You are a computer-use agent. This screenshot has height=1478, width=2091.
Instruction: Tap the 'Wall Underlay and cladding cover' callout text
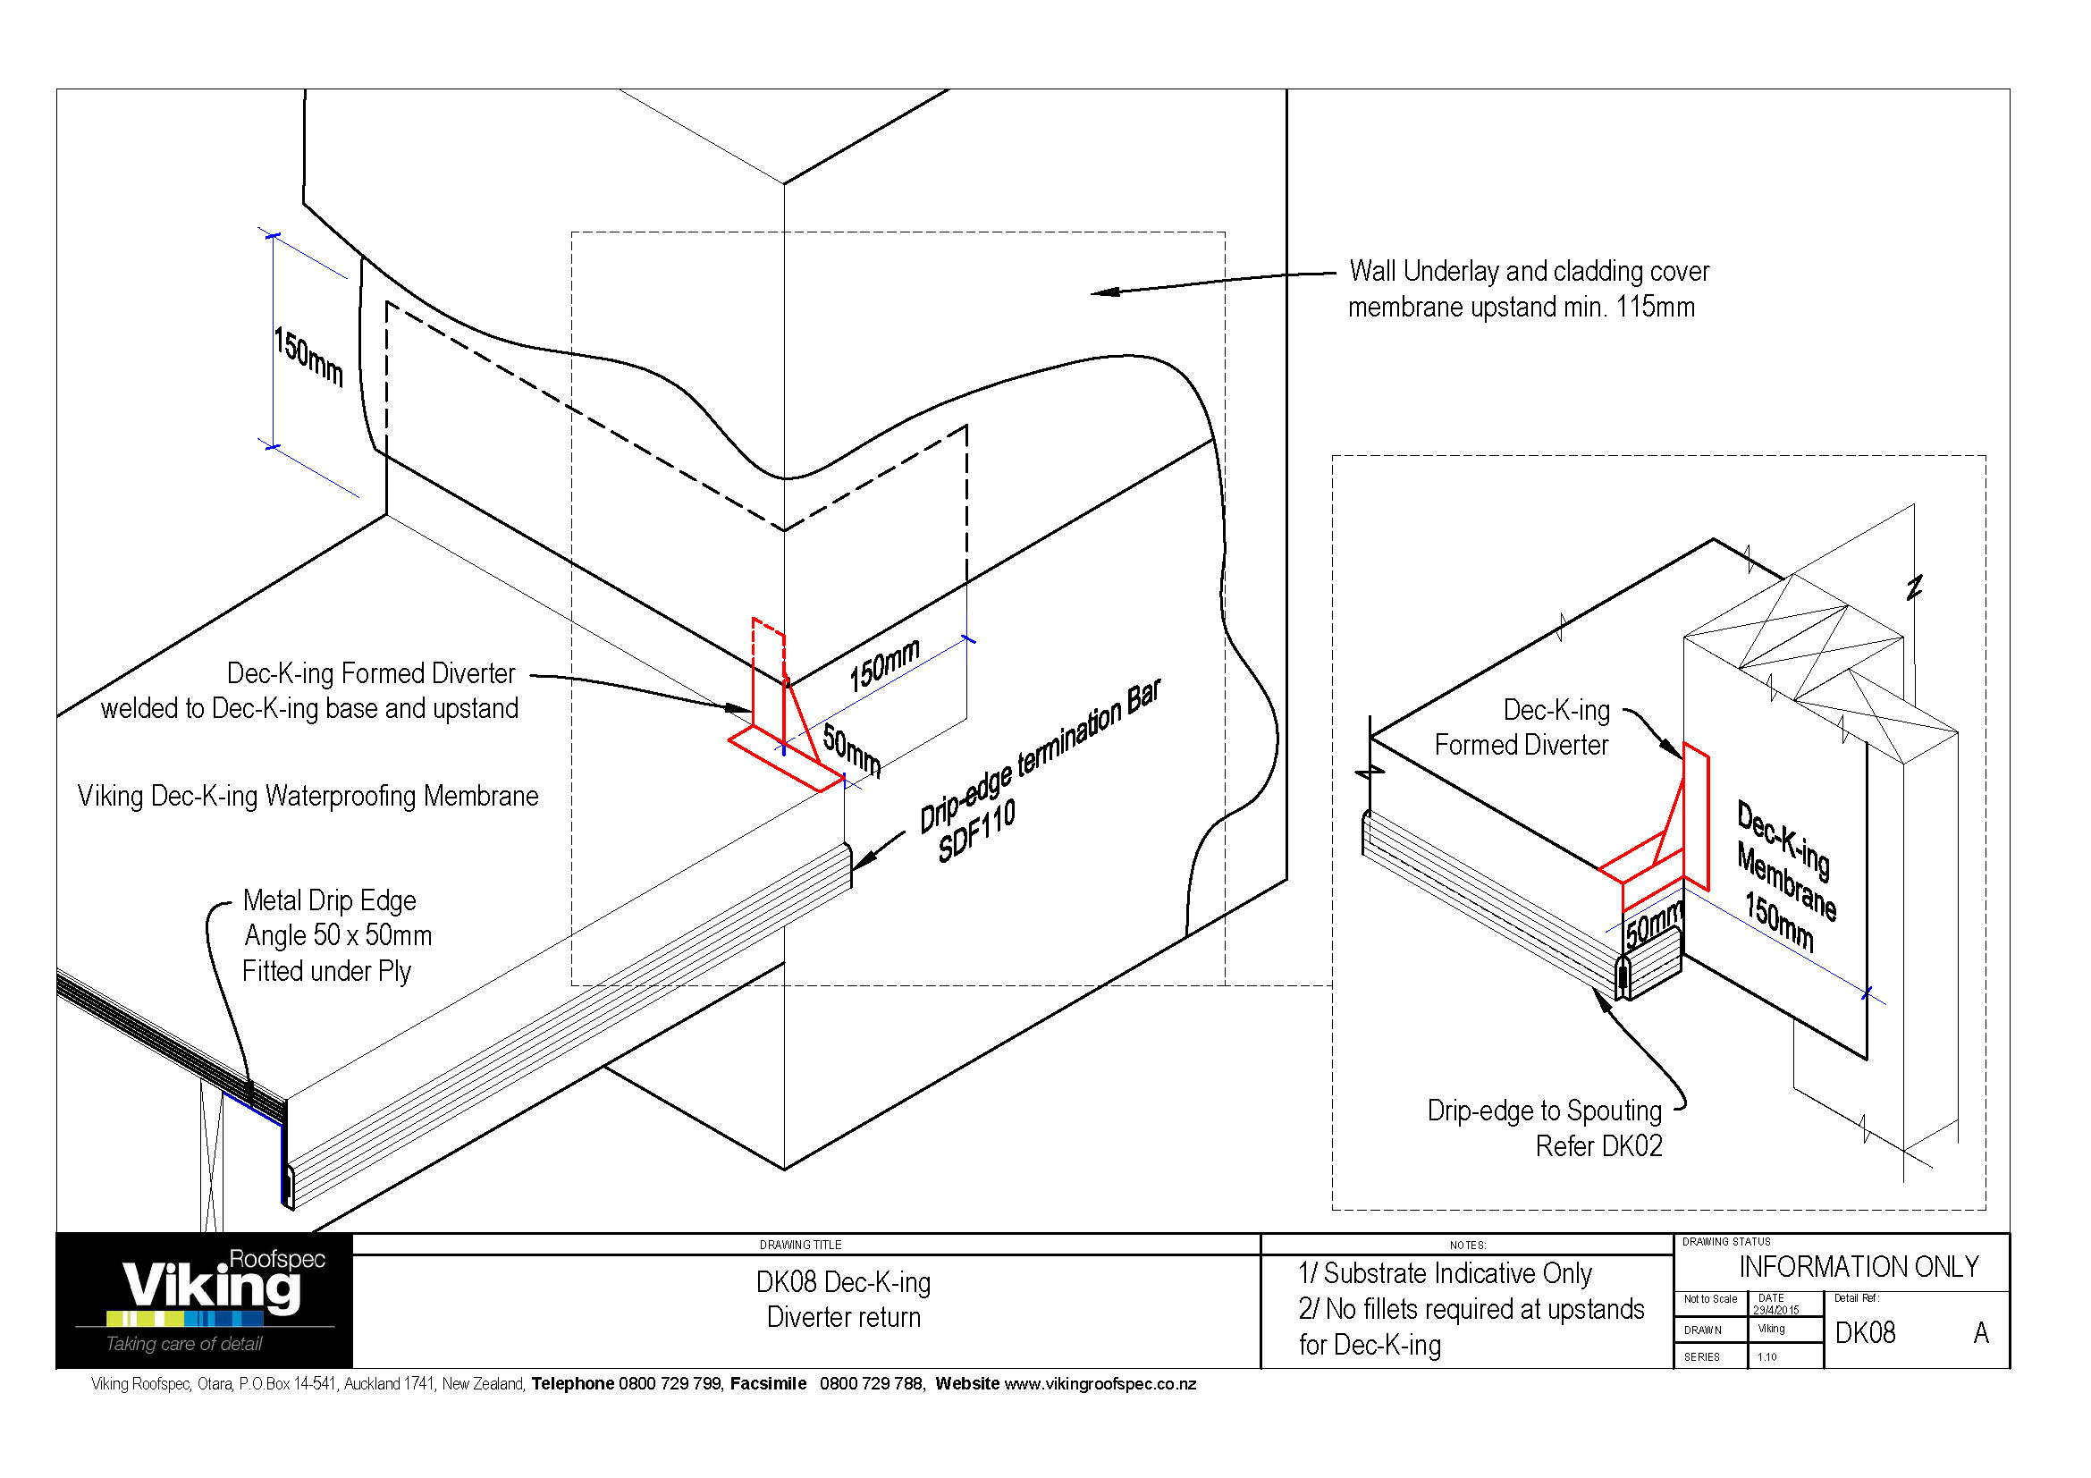(1528, 272)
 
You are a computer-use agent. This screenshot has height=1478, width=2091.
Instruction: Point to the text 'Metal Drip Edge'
(329, 900)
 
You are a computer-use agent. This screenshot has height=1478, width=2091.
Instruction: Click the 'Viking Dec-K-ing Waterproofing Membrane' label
(308, 796)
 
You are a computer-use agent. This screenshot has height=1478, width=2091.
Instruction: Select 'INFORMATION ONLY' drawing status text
(1858, 1267)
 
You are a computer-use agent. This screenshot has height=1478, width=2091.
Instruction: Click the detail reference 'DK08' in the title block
(1864, 1333)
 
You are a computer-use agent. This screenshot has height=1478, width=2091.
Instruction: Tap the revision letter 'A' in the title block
(1980, 1333)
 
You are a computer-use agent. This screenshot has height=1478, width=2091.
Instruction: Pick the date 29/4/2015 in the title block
(1775, 1310)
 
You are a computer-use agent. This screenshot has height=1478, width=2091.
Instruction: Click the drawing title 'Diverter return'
(843, 1317)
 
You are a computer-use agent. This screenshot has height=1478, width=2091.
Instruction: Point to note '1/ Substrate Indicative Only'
(1445, 1273)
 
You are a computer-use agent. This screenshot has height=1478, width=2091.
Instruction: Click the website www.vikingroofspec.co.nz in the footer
(1100, 1384)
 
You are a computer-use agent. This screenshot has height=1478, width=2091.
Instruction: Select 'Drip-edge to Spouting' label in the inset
(1544, 1111)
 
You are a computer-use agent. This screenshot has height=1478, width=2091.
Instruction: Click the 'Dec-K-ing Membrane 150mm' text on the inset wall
(1785, 874)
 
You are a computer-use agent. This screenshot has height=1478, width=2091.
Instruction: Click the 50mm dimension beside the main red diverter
(850, 748)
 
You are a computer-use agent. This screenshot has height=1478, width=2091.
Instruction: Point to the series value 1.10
(1766, 1357)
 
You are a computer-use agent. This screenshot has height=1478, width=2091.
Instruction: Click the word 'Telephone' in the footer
(573, 1384)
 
